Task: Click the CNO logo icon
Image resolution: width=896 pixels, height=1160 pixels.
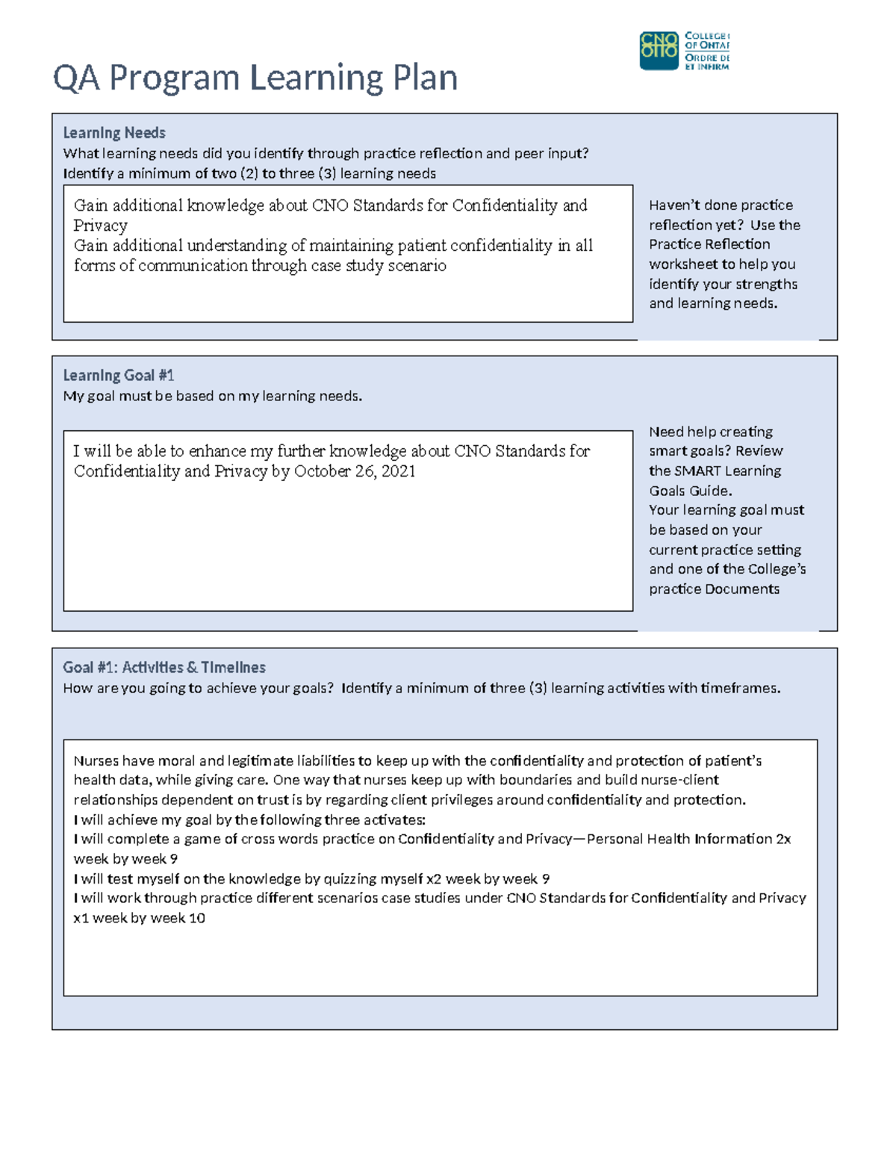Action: pos(659,51)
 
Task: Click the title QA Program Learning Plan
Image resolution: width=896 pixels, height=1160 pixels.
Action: pos(255,78)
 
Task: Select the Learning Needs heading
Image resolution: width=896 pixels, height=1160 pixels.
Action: pos(114,133)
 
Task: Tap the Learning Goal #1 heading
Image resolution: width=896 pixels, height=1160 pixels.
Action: pos(118,376)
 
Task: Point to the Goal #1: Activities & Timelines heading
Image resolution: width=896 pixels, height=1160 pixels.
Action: pos(164,667)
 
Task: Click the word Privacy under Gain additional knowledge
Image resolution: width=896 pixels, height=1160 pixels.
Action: pos(100,226)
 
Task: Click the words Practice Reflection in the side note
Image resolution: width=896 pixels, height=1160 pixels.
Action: pos(709,244)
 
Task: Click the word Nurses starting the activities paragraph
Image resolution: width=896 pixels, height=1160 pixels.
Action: pos(96,761)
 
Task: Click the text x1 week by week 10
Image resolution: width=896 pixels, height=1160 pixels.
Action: pos(139,918)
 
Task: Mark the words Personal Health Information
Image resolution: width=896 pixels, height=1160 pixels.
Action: pos(679,840)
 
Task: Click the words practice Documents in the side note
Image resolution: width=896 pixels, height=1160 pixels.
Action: pos(714,589)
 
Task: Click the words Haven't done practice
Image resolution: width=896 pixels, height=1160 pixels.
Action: pos(721,205)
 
